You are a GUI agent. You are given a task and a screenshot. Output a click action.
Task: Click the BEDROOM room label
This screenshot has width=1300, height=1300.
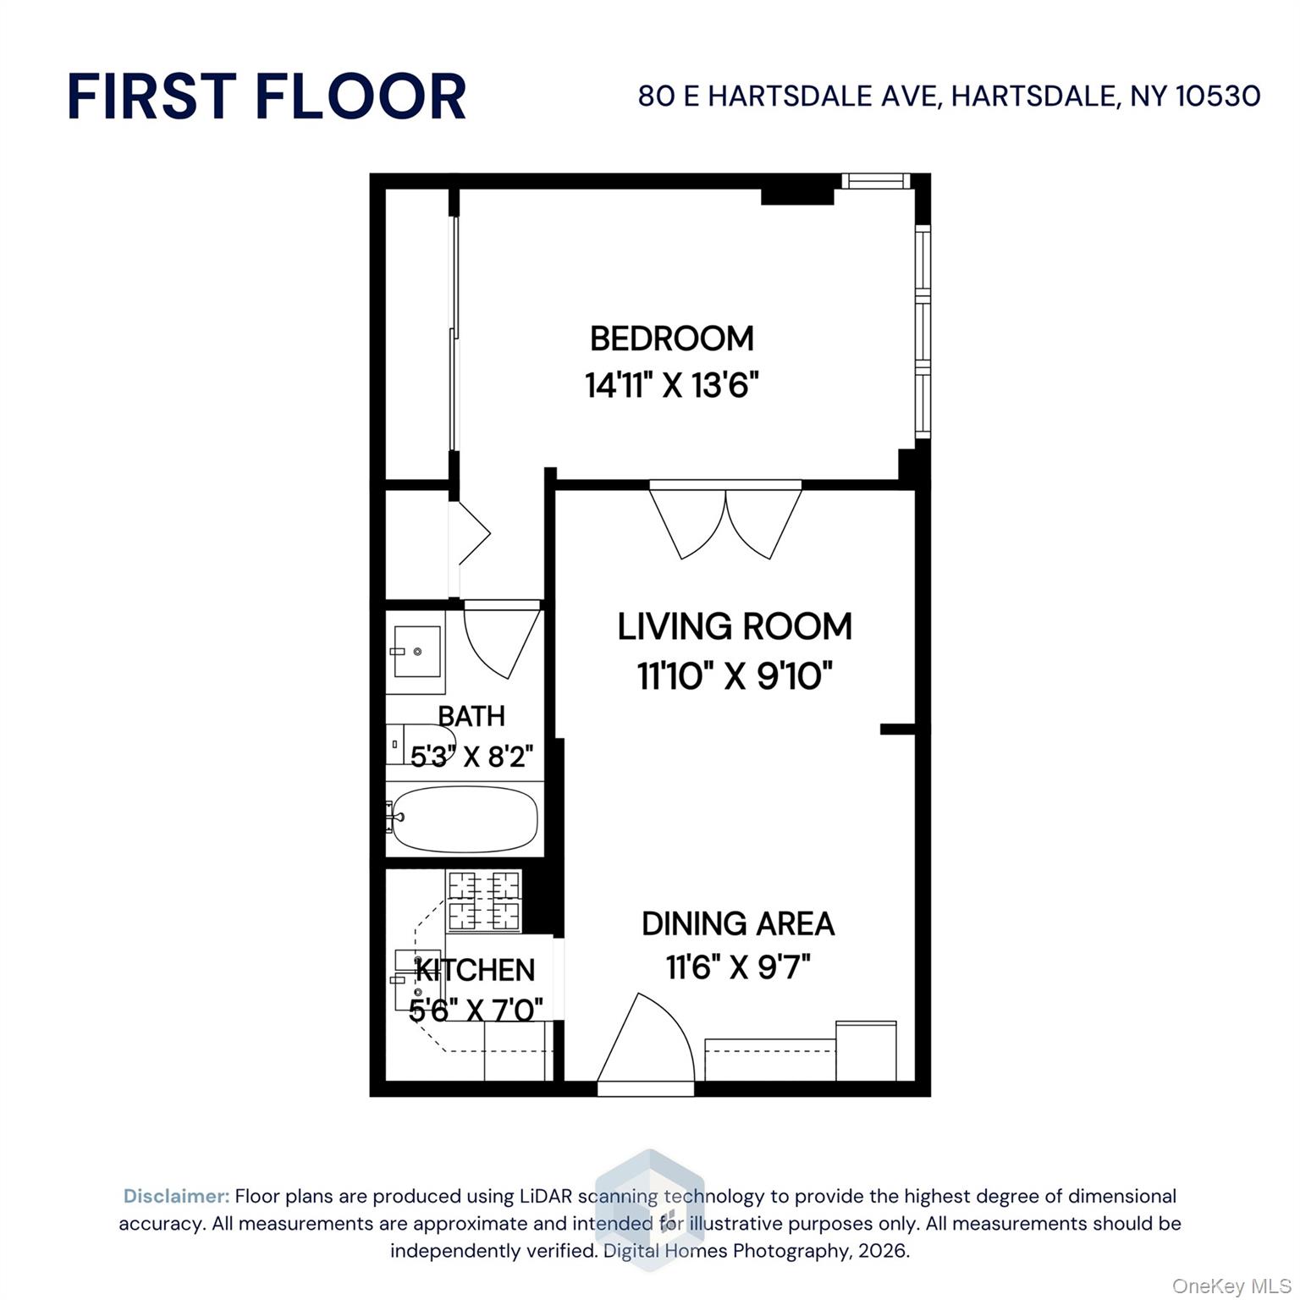coord(671,339)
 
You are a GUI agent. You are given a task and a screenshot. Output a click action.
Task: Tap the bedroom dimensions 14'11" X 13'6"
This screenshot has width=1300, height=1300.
coord(671,386)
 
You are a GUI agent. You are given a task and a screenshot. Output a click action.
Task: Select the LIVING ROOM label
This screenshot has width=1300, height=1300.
coord(735,627)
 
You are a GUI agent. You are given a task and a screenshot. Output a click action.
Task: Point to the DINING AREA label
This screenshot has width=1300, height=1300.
coord(738,923)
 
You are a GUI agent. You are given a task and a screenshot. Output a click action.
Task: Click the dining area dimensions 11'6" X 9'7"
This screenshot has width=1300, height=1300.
coord(738,967)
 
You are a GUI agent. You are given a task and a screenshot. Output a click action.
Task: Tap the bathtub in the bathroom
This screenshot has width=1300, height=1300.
coord(465,818)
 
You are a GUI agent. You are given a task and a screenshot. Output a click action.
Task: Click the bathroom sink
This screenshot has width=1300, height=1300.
coord(416,652)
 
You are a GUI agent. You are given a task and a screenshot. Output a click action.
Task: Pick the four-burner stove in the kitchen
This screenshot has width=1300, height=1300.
coord(483,901)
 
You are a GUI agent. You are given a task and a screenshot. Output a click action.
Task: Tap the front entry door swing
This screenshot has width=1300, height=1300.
coord(645,1043)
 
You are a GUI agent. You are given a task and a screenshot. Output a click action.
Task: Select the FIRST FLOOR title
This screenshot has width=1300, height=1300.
coord(267,96)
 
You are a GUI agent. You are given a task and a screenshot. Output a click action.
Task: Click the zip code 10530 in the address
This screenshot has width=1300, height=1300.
coord(1219,96)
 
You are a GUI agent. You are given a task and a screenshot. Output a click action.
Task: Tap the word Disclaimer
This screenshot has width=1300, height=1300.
coord(176,1196)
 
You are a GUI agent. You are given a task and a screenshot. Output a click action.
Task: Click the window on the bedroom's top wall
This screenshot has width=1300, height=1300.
coord(875,180)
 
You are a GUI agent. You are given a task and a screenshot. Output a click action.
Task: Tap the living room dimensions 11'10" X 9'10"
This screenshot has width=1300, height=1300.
coord(735,676)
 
